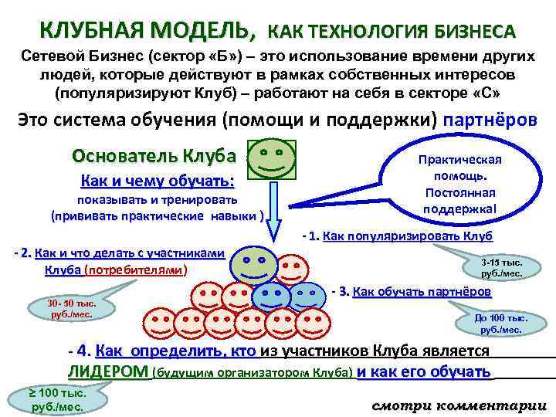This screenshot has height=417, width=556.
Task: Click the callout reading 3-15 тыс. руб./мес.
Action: pyautogui.click(x=502, y=268)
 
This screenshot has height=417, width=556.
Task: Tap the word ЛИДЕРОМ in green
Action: pyautogui.click(x=108, y=372)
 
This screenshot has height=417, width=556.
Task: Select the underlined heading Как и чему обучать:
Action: pyautogui.click(x=158, y=182)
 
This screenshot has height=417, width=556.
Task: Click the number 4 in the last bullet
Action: pyautogui.click(x=84, y=351)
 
